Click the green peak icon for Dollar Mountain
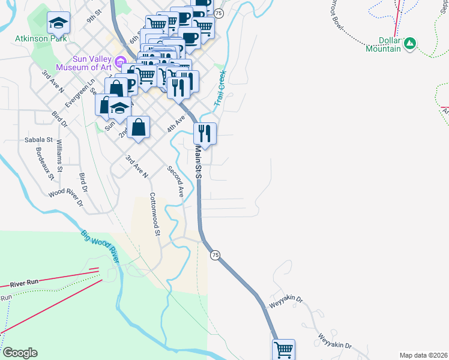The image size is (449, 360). click(x=410, y=43)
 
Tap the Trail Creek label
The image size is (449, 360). click(x=220, y=89)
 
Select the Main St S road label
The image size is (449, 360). click(x=197, y=162)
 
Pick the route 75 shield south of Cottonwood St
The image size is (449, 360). click(x=215, y=255)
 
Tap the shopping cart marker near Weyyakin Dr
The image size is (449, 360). click(x=284, y=349)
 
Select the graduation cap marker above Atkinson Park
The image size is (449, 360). click(x=58, y=23)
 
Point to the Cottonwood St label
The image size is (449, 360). click(x=155, y=214)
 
